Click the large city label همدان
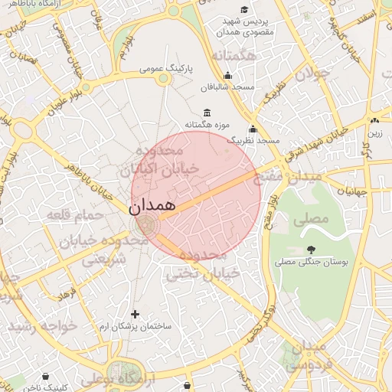tap(152, 205)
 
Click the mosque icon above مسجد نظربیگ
tap(253, 129)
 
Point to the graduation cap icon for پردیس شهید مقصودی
tap(244, 10)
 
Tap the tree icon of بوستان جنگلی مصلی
tap(311, 250)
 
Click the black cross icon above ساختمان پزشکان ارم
tap(136, 314)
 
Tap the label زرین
tap(374, 133)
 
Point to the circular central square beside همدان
tap(144, 225)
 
